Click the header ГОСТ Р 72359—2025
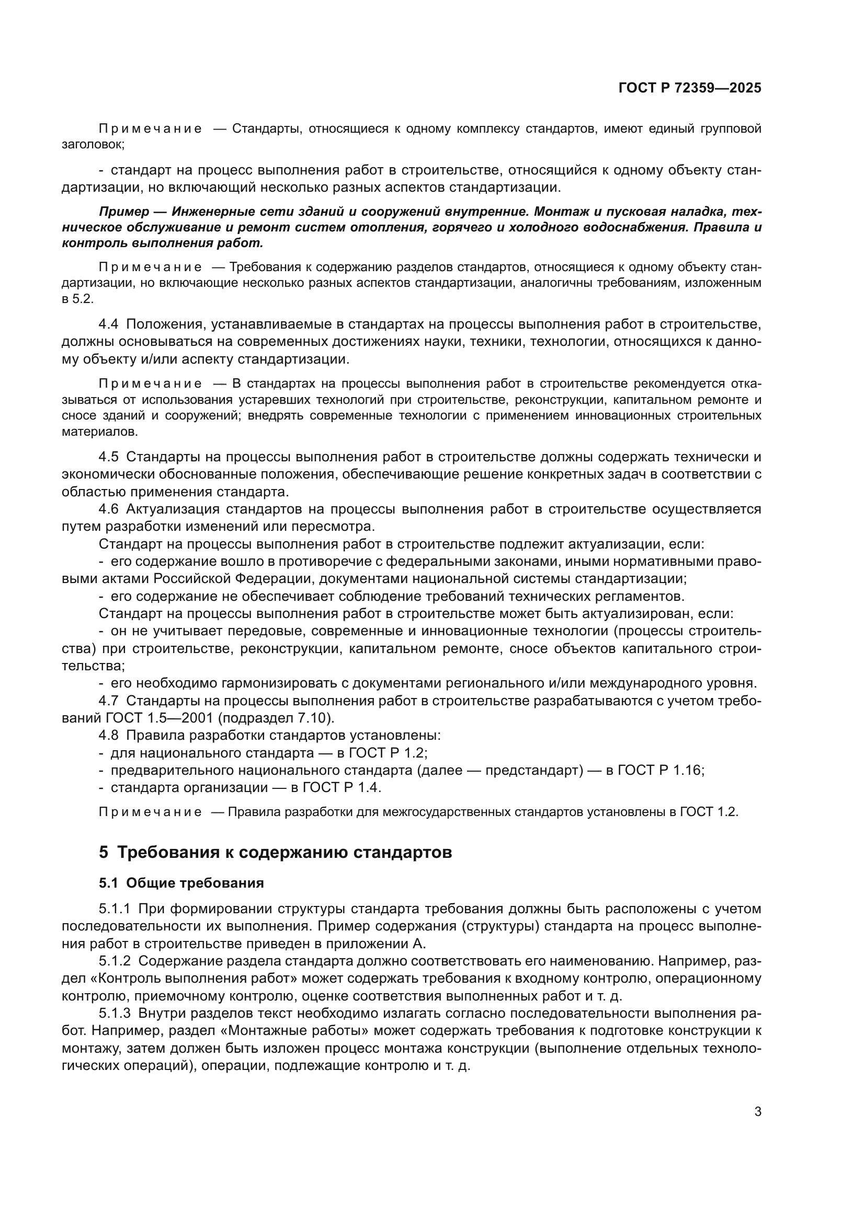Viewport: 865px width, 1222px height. click(690, 88)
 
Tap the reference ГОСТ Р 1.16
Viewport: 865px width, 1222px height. click(661, 770)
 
